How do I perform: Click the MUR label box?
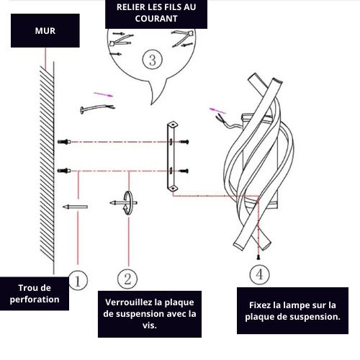point(45,30)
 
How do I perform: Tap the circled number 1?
point(78,280)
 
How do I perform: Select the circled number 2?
point(127,279)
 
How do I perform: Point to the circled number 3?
point(153,60)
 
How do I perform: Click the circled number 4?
point(259,274)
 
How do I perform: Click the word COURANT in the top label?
point(156,19)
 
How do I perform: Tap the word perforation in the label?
point(35,300)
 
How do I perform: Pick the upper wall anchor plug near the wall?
point(64,142)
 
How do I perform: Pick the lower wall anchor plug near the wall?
point(64,171)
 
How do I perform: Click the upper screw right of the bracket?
point(184,142)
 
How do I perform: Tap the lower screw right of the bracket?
point(184,171)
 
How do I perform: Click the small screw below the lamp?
point(258,257)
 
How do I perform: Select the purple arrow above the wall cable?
point(103,94)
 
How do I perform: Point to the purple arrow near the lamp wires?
point(217,111)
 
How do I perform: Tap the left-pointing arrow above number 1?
point(75,207)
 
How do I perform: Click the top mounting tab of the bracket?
point(173,125)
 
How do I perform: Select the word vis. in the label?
point(150,325)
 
